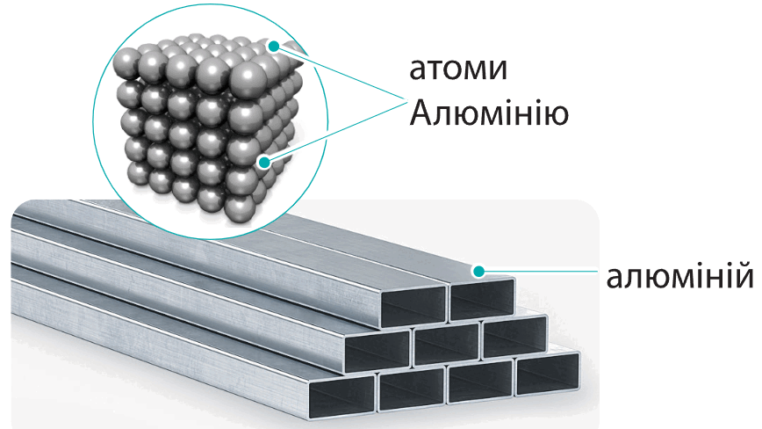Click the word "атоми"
458,69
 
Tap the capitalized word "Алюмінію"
489,113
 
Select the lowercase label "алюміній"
679,276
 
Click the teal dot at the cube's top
274,47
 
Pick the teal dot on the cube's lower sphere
264,162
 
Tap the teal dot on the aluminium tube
479,271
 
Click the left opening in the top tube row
413,306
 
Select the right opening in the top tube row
483,300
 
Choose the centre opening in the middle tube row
447,344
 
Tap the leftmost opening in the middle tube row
377,351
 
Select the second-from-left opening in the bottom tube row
412,389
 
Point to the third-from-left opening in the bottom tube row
480,381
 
